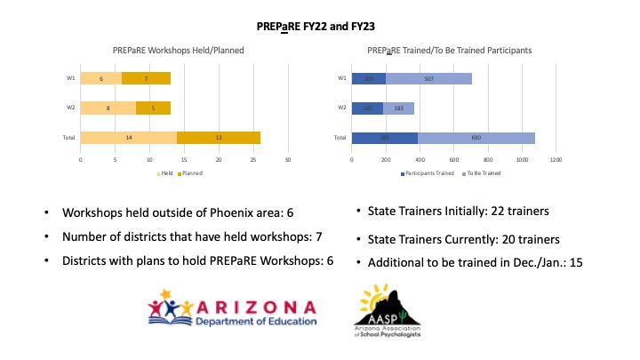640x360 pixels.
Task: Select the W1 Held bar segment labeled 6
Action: [x=101, y=79]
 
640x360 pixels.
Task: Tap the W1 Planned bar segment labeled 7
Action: [x=146, y=79]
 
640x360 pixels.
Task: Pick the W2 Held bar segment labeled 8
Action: [x=108, y=108]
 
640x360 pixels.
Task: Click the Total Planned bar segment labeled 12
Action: [x=219, y=138]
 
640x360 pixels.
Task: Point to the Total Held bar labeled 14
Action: [x=128, y=138]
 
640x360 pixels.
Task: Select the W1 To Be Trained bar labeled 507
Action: [x=428, y=79]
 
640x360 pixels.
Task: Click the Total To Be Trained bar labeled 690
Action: [x=476, y=138]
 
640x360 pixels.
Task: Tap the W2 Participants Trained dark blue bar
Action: [x=367, y=108]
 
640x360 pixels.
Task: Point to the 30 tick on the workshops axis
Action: [x=288, y=161]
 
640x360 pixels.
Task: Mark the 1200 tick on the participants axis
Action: [x=556, y=161]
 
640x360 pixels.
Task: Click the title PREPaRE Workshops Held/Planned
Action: [x=178, y=52]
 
